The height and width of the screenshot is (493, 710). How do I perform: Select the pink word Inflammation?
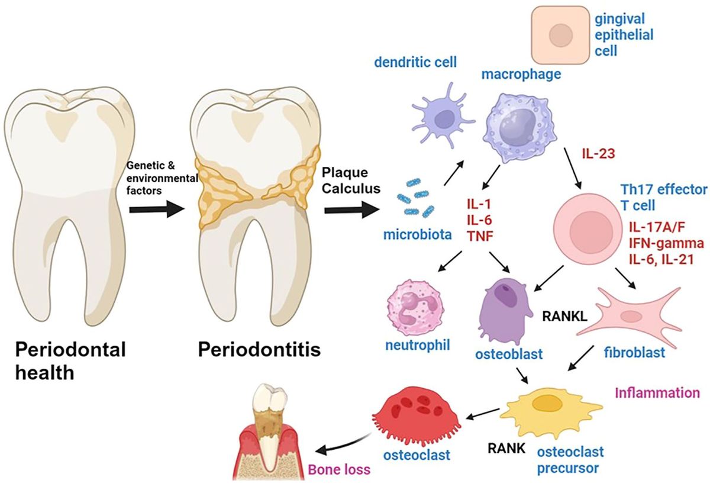point(657,392)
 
